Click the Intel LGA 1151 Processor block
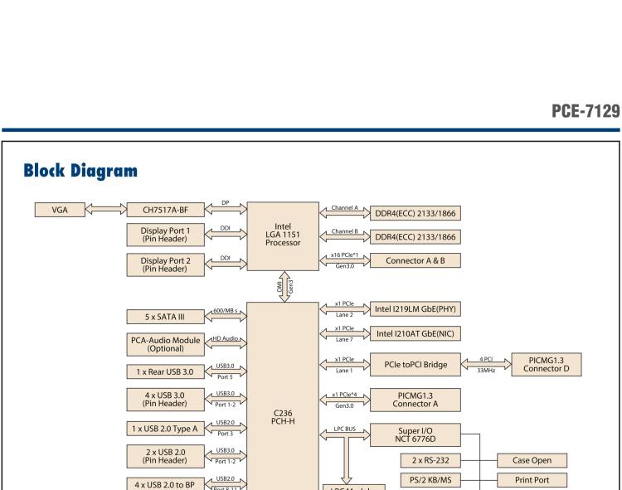coord(283,235)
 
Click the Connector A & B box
coord(416,260)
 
